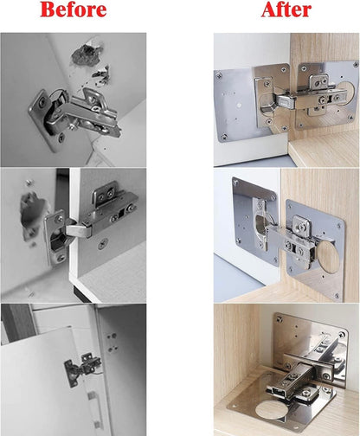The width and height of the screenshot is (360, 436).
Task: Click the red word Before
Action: (74, 10)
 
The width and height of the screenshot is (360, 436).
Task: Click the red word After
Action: (286, 10)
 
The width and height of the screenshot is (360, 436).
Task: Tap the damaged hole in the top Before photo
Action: (87, 54)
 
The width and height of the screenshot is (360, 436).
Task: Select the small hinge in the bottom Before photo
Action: (82, 368)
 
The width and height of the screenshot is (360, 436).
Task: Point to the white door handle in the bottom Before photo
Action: (96, 409)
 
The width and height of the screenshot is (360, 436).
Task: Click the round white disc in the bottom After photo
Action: (270, 413)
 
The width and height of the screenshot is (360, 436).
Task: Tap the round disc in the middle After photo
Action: (329, 257)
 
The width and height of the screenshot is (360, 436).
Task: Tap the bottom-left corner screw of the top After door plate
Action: (223, 136)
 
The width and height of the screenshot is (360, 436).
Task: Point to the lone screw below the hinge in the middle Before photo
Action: (103, 244)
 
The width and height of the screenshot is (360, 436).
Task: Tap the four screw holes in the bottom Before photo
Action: (112, 343)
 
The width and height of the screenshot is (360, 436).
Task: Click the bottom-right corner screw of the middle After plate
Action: (337, 295)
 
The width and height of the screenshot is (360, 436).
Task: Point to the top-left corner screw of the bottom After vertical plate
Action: (279, 319)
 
